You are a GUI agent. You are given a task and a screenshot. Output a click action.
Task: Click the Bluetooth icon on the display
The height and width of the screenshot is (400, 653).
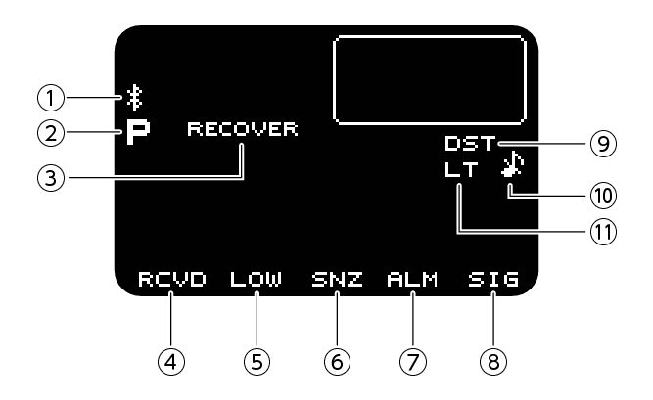[x=134, y=96]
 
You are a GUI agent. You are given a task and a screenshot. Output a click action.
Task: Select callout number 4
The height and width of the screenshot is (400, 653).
[x=171, y=361]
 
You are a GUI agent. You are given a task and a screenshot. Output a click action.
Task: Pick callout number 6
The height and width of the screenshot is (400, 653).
[x=337, y=361]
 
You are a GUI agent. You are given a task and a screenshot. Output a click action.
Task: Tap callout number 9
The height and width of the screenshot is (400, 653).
[x=602, y=143]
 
